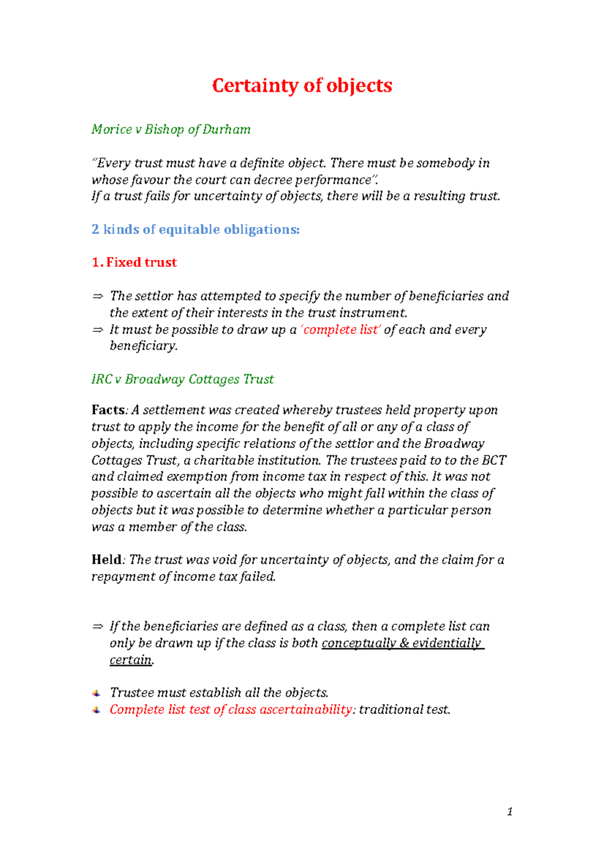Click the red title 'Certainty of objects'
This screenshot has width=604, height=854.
coord(302,86)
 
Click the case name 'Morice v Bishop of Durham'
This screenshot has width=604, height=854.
coord(171,130)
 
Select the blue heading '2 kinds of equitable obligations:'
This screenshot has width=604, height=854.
coord(195,229)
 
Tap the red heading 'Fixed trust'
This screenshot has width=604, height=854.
coord(141,263)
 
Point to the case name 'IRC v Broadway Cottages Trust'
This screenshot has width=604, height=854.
coord(182,379)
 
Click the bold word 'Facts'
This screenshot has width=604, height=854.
coord(108,410)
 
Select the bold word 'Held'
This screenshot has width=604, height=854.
coord(106,560)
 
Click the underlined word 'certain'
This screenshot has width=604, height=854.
coord(130,660)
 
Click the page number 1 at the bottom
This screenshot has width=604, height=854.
coord(510,811)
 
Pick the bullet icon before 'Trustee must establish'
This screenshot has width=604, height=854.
coord(96,693)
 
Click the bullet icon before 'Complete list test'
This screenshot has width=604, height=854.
coord(96,710)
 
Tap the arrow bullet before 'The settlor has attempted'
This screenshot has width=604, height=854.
coord(97,296)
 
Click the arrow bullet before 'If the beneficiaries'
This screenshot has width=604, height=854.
coord(97,627)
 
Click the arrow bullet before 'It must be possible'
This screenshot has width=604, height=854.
coord(97,330)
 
